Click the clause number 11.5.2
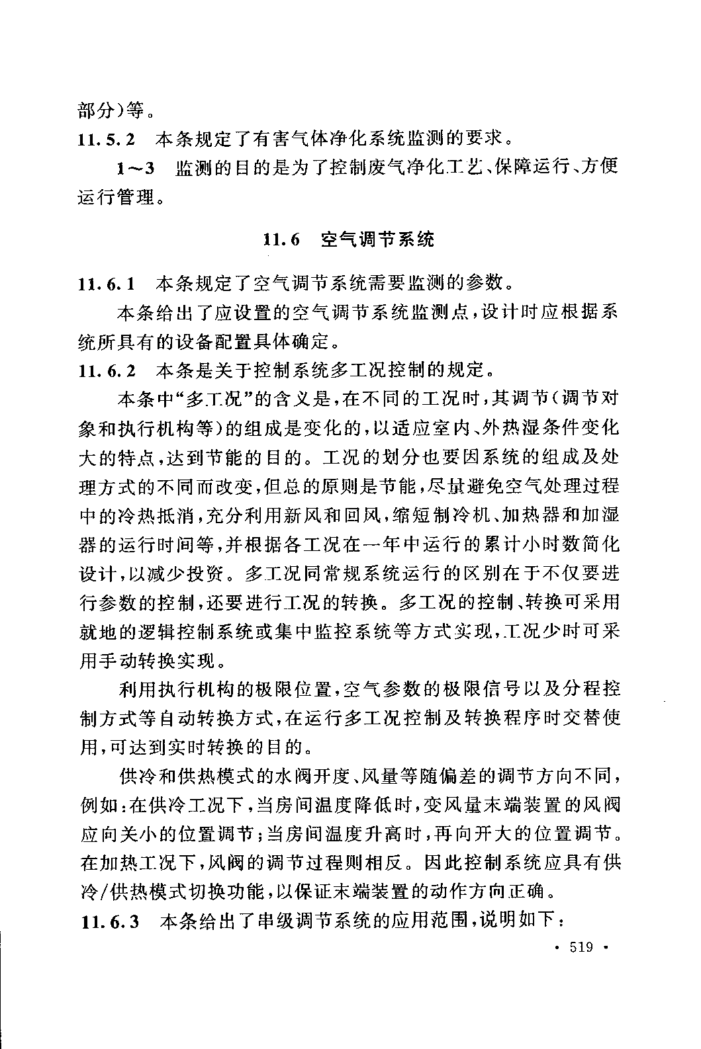pyautogui.click(x=107, y=139)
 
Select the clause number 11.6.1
pyautogui.click(x=107, y=284)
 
